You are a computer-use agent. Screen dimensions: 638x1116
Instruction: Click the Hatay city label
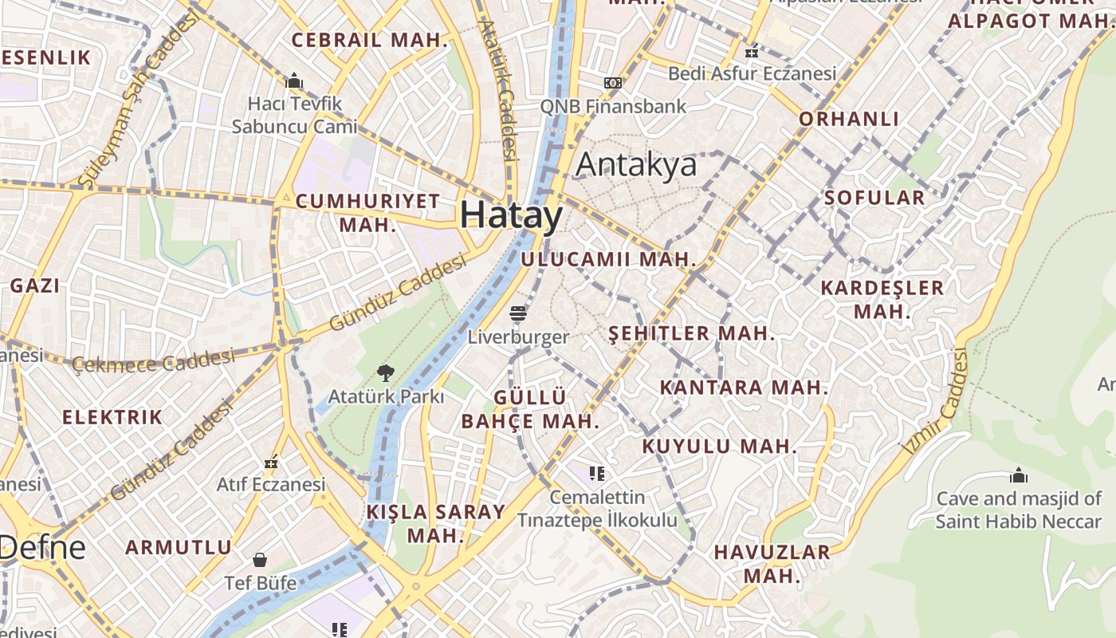pyautogui.click(x=511, y=215)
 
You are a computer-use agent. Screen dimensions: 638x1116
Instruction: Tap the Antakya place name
pyautogui.click(x=636, y=164)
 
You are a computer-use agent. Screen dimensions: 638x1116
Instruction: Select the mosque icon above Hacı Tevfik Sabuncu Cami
pyautogui.click(x=294, y=81)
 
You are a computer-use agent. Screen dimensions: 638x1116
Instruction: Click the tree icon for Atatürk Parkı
pyautogui.click(x=386, y=372)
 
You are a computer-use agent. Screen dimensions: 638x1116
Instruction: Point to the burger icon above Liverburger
pyautogui.click(x=518, y=313)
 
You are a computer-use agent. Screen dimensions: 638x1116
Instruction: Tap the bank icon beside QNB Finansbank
pyautogui.click(x=612, y=83)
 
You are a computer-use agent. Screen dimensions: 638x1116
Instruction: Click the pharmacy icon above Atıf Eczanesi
pyautogui.click(x=272, y=462)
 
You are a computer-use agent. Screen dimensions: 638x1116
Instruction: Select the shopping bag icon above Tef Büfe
pyautogui.click(x=260, y=560)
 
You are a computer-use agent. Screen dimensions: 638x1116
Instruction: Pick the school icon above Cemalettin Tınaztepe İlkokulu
pyautogui.click(x=597, y=474)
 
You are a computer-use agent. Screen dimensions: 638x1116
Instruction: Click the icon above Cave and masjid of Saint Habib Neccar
pyautogui.click(x=1018, y=476)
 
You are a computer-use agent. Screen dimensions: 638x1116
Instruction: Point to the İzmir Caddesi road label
pyautogui.click(x=937, y=403)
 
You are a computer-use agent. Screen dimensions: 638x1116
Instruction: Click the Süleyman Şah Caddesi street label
pyautogui.click(x=139, y=100)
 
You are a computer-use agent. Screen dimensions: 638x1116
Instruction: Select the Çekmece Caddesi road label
pyautogui.click(x=153, y=361)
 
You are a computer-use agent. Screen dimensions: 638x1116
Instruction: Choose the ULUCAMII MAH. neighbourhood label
pyautogui.click(x=608, y=259)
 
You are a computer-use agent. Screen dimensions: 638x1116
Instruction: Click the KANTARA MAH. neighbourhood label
pyautogui.click(x=744, y=388)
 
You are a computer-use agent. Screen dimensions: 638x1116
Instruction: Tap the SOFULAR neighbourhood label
pyautogui.click(x=874, y=198)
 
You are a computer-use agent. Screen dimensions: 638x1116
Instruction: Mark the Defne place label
pyautogui.click(x=41, y=547)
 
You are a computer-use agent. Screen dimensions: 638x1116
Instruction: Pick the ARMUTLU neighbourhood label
pyautogui.click(x=179, y=548)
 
